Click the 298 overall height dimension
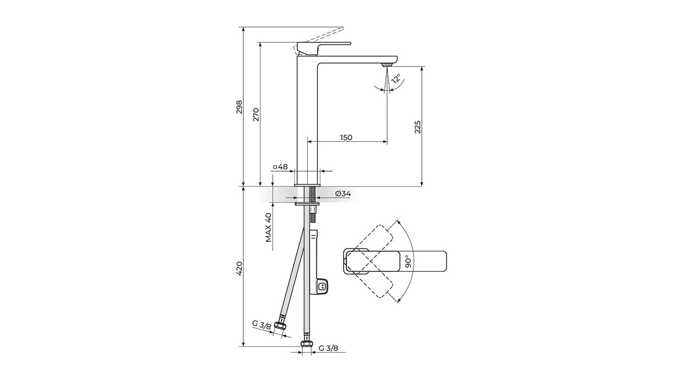coord(239,107)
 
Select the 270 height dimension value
coord(256,114)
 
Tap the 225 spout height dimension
coord(418,127)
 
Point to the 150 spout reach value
coord(346,137)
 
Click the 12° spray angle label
coord(396,79)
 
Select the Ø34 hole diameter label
coord(343,194)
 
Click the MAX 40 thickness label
coord(269,228)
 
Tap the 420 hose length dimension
coord(239,268)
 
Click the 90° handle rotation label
coord(409,262)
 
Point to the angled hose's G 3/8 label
coord(262,325)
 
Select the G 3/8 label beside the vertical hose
coord(328,348)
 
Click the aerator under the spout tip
coord(387,65)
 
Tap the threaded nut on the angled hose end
coord(280,327)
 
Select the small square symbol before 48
coord(275,167)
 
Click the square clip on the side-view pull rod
coord(322,287)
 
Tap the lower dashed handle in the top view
coord(369,274)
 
